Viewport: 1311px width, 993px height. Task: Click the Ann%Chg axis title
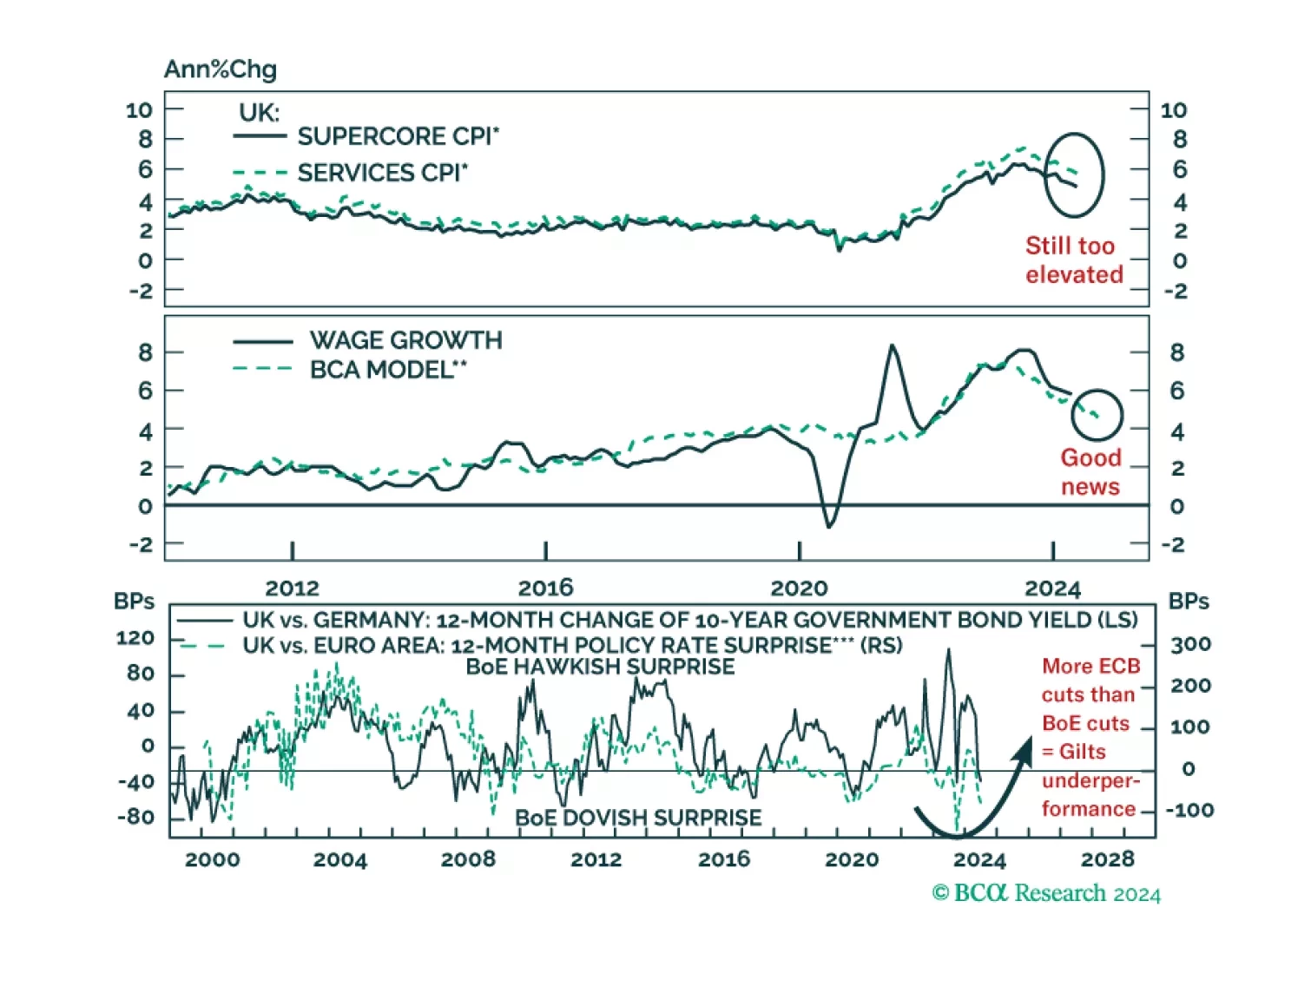point(221,69)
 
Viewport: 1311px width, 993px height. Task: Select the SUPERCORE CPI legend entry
point(398,137)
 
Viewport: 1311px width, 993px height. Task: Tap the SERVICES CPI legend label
point(382,174)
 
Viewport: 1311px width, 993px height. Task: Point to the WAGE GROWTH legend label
point(405,340)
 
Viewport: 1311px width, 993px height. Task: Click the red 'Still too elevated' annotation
point(1073,260)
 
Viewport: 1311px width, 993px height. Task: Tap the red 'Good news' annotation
point(1090,471)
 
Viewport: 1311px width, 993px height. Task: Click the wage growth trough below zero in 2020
point(829,525)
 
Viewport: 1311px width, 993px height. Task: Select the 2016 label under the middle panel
point(545,589)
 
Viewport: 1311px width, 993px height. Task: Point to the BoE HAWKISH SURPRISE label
point(600,667)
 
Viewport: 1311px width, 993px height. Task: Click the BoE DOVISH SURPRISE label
point(638,818)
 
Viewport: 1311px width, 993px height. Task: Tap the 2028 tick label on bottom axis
point(1107,859)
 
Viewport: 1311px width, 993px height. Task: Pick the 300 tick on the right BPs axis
point(1190,645)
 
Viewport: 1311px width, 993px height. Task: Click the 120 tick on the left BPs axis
point(135,638)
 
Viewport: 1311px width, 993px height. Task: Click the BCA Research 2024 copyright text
point(1046,893)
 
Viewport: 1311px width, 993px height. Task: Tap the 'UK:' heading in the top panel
point(259,113)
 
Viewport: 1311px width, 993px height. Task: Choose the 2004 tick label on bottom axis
point(339,859)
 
